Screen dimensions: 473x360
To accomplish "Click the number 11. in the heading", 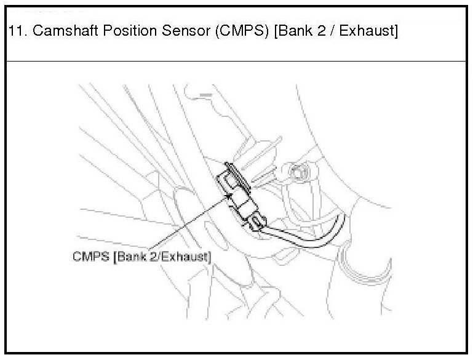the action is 18,32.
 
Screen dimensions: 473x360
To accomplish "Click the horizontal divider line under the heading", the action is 236,61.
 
